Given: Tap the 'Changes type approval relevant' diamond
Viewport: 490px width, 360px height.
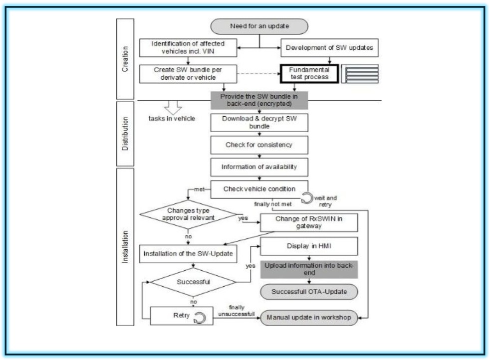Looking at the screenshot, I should coord(188,215).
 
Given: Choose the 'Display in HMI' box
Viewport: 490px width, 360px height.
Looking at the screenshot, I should coord(309,246).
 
